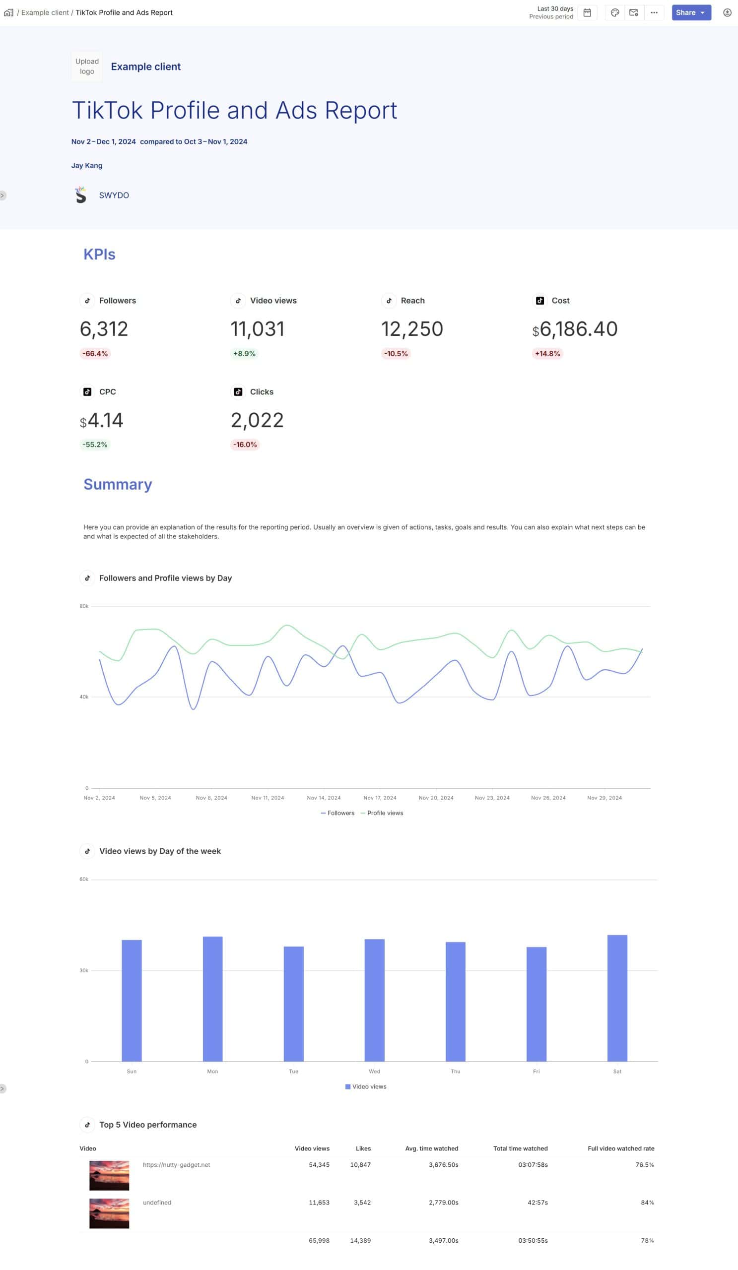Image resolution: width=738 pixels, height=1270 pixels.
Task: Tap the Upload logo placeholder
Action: coord(87,66)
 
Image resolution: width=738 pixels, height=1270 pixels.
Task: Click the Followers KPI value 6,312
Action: coord(104,329)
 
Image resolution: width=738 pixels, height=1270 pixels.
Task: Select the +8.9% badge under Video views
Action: coord(244,354)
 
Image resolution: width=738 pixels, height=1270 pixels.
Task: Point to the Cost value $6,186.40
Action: coord(575,329)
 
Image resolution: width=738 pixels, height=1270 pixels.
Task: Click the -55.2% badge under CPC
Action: coord(95,444)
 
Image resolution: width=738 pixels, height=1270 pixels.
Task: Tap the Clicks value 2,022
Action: coord(257,420)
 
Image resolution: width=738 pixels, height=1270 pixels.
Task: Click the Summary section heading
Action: coord(118,484)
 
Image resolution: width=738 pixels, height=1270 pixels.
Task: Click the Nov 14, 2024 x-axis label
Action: coord(324,798)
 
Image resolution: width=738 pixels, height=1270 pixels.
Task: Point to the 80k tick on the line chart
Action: coord(84,606)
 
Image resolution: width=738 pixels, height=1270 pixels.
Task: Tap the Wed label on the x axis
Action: coord(375,1072)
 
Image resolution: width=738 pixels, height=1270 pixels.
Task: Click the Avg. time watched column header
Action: coord(431,1148)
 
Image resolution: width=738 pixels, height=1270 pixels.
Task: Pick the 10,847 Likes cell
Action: coord(360,1165)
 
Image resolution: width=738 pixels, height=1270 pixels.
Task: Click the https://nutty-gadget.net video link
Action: coord(176,1165)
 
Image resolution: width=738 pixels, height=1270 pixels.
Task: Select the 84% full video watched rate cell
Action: coord(647,1203)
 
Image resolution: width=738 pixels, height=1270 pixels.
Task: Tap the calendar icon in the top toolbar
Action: coord(587,12)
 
